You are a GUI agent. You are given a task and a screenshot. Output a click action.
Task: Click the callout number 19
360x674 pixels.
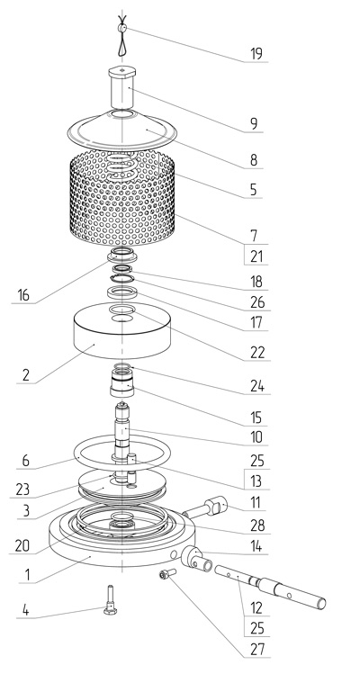pos(256,54)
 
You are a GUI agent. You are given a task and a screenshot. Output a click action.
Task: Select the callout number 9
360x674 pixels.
pos(254,124)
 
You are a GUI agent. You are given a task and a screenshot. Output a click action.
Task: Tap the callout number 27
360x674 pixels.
pos(256,649)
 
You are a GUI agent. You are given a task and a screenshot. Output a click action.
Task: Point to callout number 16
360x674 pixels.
pos(23,295)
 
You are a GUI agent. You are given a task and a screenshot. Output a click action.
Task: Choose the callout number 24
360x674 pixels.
pos(257,387)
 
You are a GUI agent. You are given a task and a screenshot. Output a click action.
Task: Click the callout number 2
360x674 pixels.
pos(26,375)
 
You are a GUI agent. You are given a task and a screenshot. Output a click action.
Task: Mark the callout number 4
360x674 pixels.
pos(26,610)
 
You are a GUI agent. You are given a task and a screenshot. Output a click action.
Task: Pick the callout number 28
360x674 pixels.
pos(257,526)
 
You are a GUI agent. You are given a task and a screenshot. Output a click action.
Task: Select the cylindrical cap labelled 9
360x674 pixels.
pos(122,87)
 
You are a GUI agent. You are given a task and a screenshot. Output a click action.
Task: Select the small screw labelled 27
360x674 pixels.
pos(167,573)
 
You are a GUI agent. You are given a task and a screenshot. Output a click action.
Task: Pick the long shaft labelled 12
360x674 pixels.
pos(270,588)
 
